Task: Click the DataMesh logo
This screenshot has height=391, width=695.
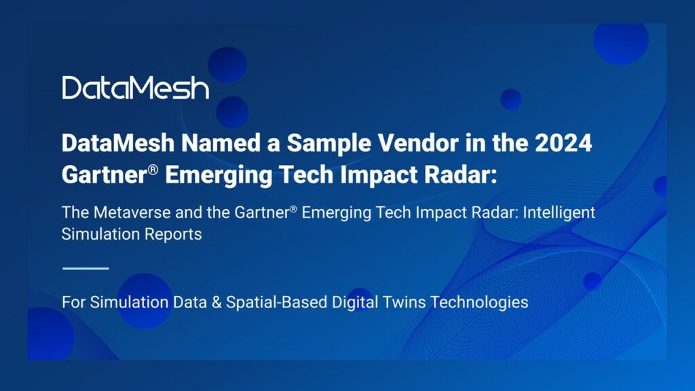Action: point(136,88)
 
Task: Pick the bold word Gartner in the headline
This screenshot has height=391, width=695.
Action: point(101,174)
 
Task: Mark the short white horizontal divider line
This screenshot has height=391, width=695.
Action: point(86,268)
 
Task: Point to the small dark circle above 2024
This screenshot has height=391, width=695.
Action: point(510,100)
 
